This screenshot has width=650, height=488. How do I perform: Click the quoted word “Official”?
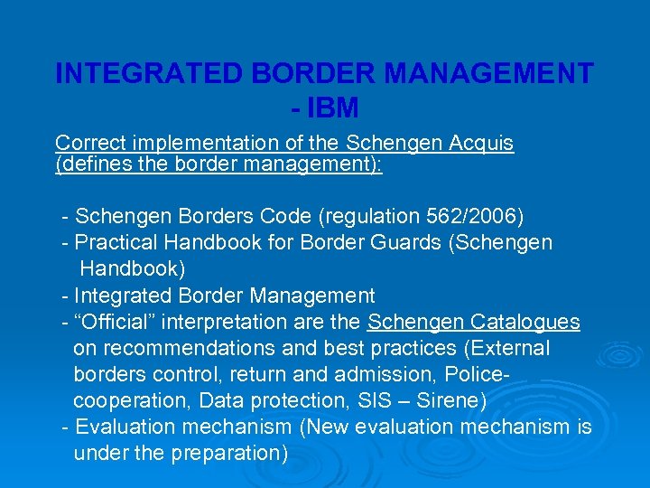click(116, 322)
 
